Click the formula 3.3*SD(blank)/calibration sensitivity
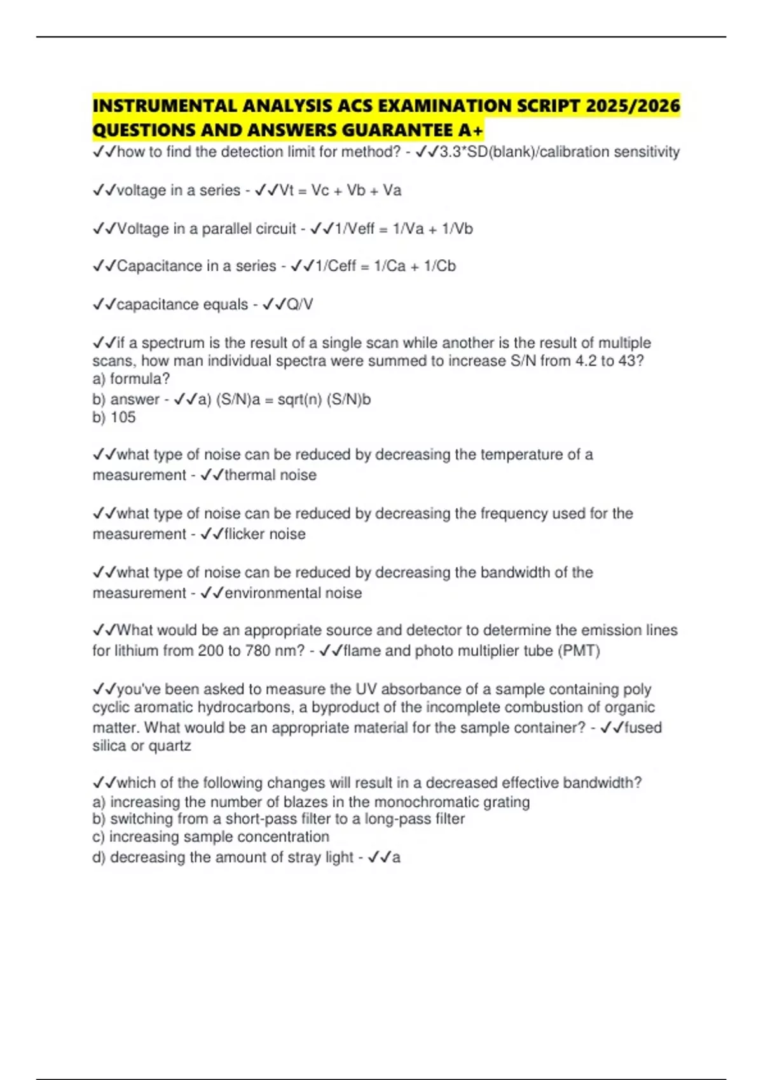[560, 152]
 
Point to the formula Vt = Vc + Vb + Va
[340, 191]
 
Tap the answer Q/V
[299, 305]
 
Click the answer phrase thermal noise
[270, 475]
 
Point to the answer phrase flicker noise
[265, 534]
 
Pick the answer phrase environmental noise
[293, 593]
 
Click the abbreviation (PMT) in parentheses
[579, 651]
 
